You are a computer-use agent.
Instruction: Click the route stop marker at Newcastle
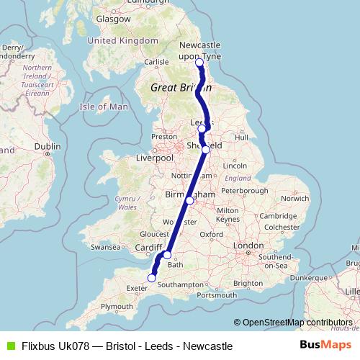199,63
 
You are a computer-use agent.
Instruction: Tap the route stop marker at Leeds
202,129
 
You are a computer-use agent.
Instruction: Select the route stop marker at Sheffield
205,150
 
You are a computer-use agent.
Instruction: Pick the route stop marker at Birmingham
189,201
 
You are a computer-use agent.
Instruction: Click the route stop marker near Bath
167,255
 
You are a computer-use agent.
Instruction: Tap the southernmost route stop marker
152,278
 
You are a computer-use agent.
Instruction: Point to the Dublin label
47,145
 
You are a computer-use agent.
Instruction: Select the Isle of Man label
104,107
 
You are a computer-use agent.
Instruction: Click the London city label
248,246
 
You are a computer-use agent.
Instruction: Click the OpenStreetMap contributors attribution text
292,322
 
